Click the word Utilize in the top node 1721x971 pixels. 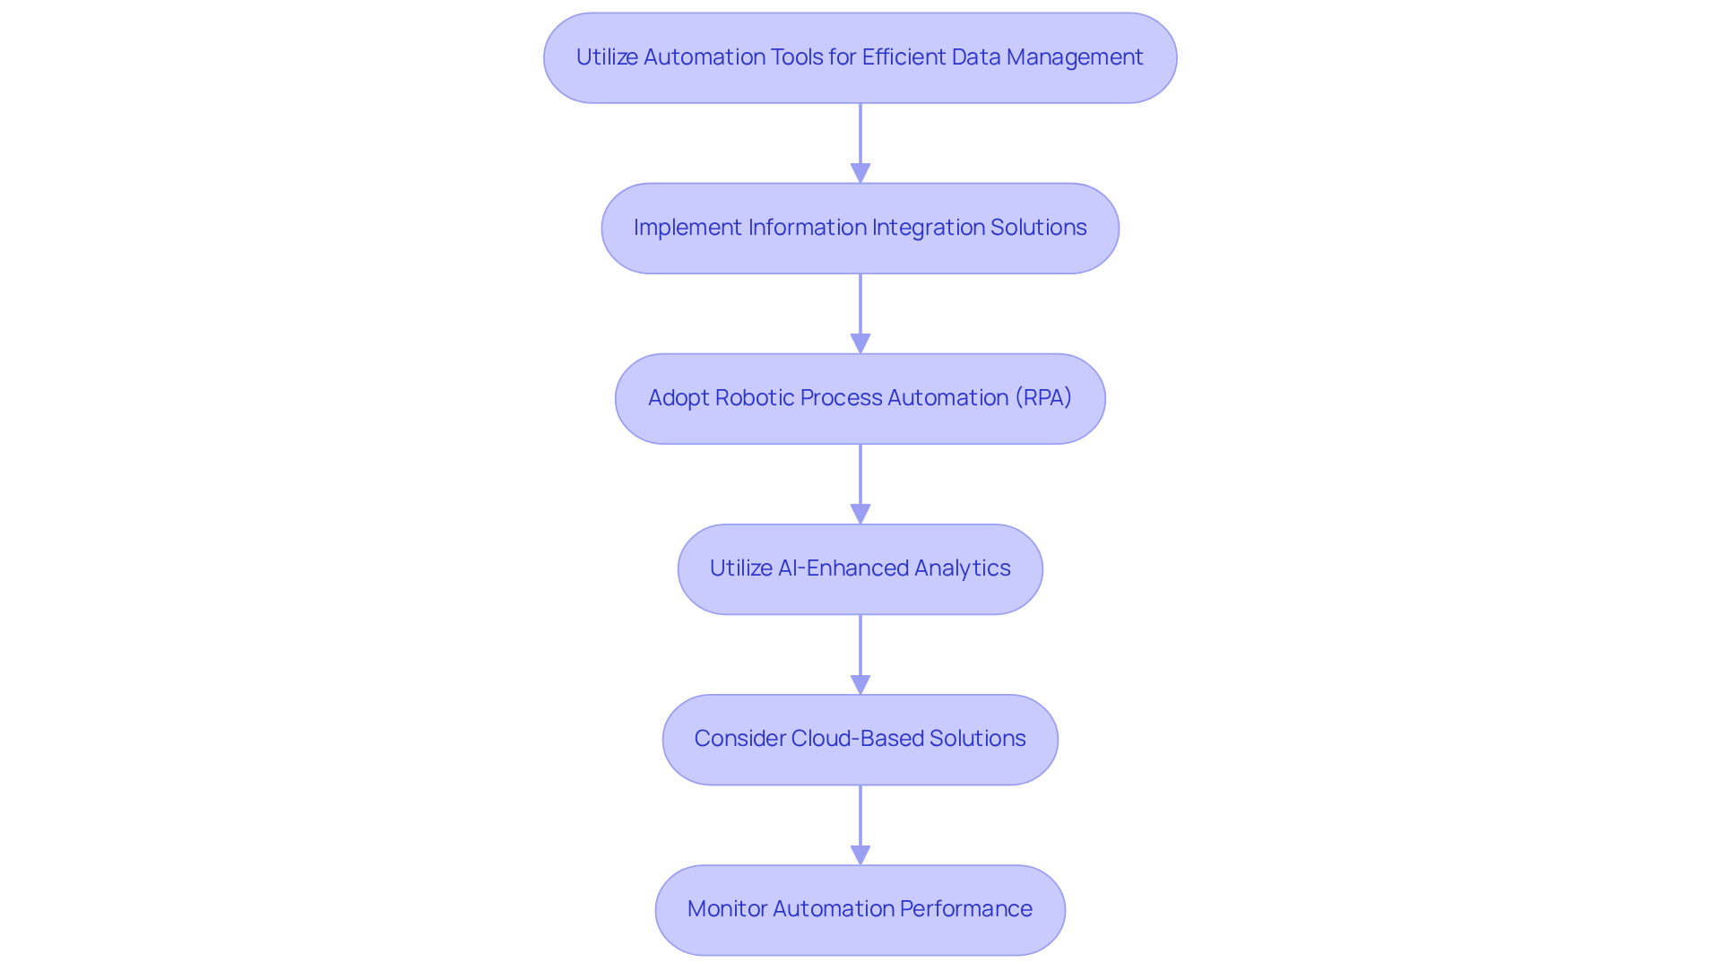click(x=607, y=57)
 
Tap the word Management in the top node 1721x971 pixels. click(x=1074, y=57)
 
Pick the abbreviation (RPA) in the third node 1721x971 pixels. click(x=1043, y=398)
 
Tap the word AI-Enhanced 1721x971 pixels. click(x=832, y=568)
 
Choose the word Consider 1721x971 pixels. click(x=739, y=739)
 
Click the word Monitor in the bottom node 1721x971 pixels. click(x=727, y=909)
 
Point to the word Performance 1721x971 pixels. click(x=965, y=909)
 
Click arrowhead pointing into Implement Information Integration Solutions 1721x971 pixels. click(x=860, y=173)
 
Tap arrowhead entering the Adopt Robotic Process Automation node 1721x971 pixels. click(x=860, y=343)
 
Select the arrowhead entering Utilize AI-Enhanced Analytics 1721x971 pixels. click(x=860, y=514)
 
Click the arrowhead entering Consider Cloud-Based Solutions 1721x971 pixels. click(x=860, y=684)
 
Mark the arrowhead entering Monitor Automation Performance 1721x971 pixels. click(x=860, y=854)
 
